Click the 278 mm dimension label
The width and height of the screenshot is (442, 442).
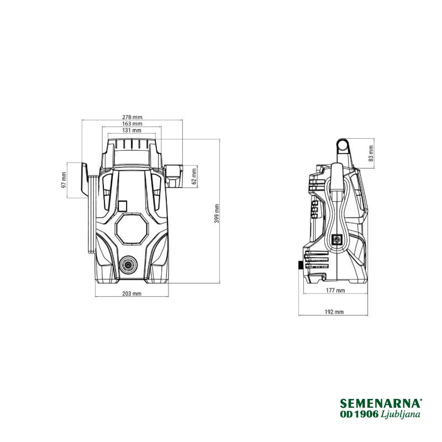pos(132,117)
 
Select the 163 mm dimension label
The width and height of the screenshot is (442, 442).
pos(132,124)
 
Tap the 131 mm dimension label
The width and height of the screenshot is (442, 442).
pos(132,130)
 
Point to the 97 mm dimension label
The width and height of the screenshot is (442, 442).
pos(64,181)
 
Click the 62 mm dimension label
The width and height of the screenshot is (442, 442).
pos(194,176)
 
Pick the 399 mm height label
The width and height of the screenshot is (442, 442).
pos(217,214)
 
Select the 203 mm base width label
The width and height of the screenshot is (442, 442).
pos(132,294)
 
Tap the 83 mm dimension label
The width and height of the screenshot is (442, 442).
pos(371,154)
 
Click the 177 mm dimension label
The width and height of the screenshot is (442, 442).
pos(335,291)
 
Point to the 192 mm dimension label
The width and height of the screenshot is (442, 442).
pos(334,312)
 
